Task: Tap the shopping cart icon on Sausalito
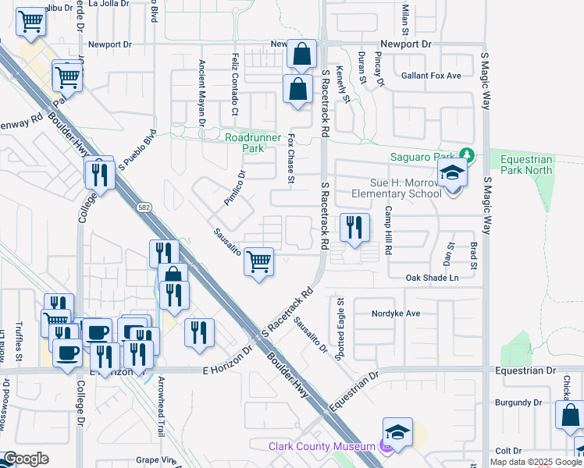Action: (x=258, y=262)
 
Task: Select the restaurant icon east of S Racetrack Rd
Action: (x=354, y=228)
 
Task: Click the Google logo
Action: (x=26, y=459)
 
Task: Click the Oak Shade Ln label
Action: (x=432, y=278)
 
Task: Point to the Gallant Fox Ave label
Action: (x=431, y=76)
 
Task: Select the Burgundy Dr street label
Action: (x=518, y=402)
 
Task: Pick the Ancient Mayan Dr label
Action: (x=201, y=93)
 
